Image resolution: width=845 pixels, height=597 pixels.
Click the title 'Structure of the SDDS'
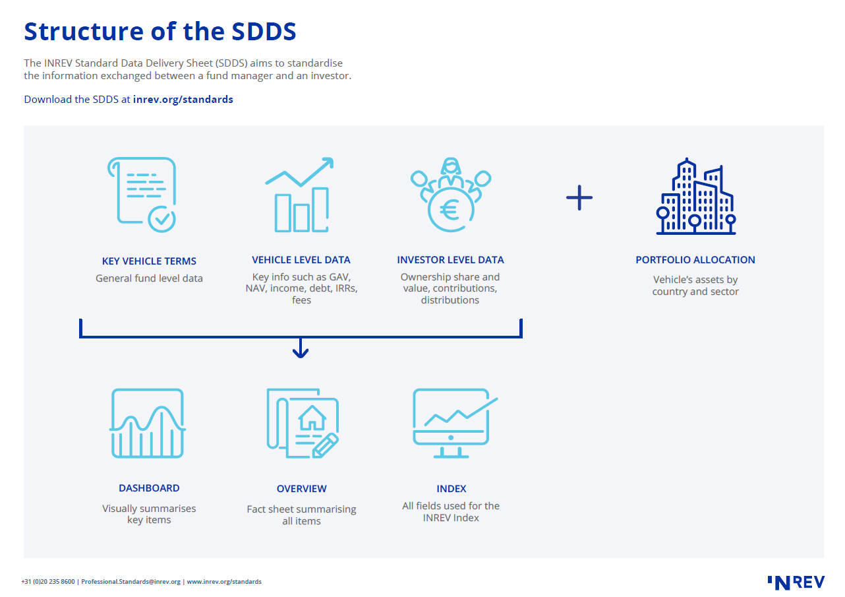(x=160, y=32)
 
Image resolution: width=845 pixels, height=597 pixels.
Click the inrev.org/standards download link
(x=183, y=100)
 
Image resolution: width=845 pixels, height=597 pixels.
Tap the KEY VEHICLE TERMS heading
(x=149, y=261)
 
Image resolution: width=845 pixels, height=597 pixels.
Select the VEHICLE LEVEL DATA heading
(x=301, y=260)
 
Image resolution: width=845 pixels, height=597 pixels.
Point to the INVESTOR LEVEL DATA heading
(x=450, y=260)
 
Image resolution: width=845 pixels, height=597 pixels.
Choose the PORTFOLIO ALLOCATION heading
(x=695, y=260)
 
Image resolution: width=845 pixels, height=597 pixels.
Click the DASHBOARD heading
(x=149, y=488)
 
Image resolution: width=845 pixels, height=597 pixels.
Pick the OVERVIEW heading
(x=301, y=489)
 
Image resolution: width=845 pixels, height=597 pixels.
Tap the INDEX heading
(x=451, y=489)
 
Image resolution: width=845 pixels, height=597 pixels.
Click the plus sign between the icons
(x=579, y=197)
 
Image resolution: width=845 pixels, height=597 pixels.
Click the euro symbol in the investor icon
(x=451, y=210)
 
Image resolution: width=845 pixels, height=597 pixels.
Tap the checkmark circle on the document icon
(x=162, y=218)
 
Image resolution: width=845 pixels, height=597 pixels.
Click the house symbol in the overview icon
(x=312, y=416)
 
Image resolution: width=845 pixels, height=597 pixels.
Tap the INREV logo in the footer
(x=796, y=582)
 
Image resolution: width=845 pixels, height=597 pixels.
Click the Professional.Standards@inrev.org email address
(x=131, y=582)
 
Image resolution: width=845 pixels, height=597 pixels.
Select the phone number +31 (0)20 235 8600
(x=47, y=582)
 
